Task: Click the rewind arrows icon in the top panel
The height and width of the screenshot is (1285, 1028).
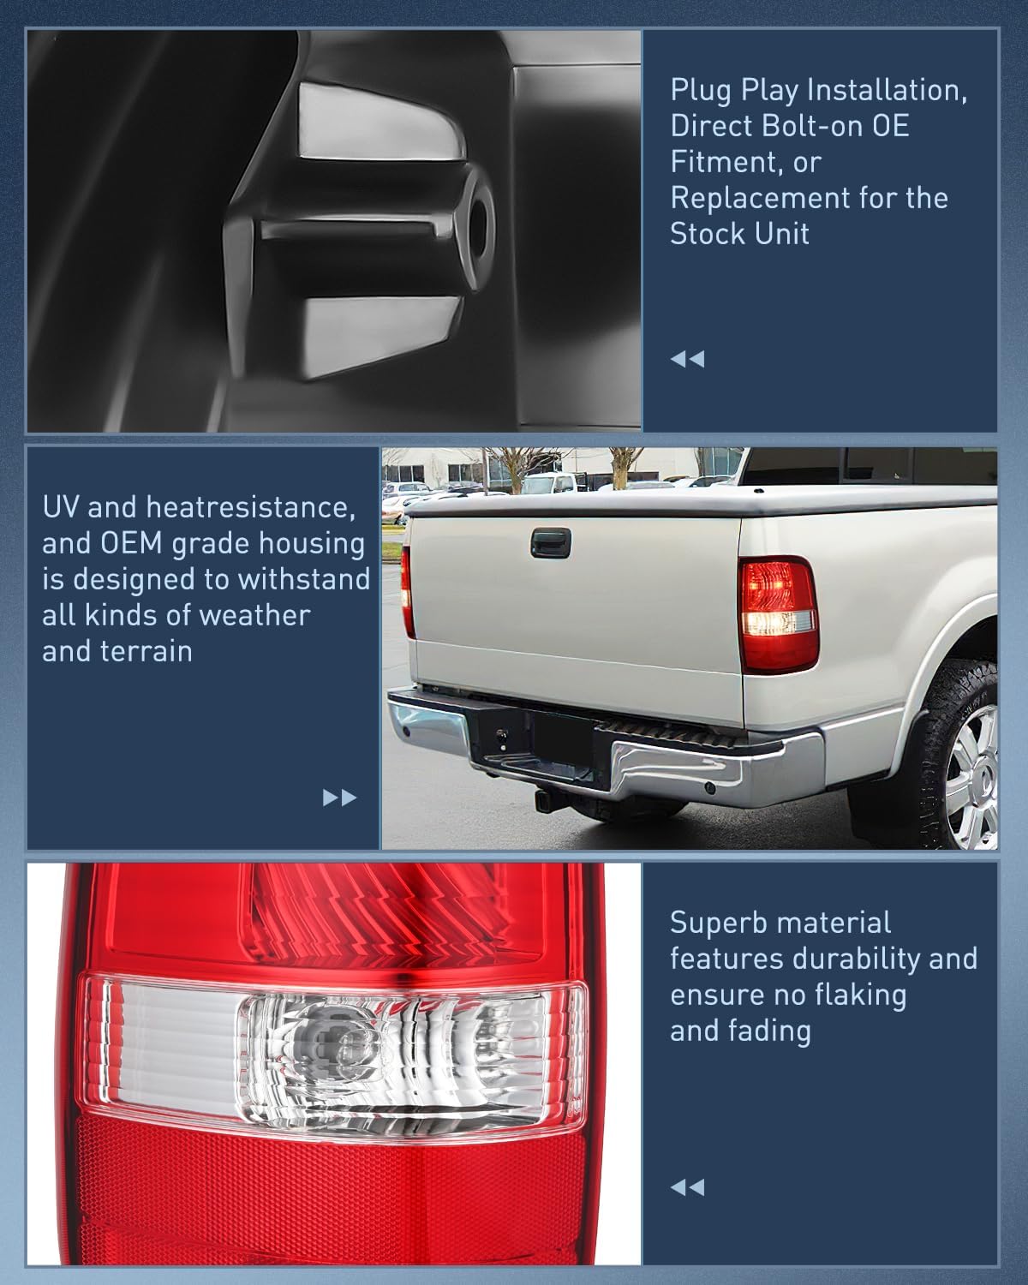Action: (x=687, y=359)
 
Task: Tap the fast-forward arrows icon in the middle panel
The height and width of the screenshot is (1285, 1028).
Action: (x=339, y=798)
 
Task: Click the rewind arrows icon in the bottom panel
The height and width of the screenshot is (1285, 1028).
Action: (x=687, y=1187)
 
